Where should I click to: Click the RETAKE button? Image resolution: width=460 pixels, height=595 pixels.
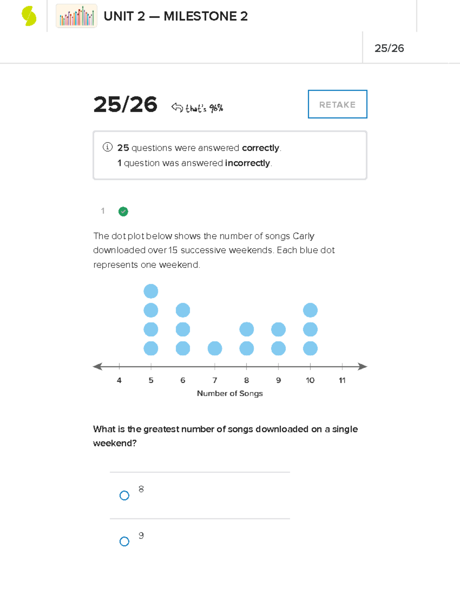[337, 104]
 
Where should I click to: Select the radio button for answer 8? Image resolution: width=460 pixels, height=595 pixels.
[124, 495]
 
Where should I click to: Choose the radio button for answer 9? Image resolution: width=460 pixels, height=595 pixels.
[124, 541]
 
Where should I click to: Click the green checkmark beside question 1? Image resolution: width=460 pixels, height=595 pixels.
[123, 211]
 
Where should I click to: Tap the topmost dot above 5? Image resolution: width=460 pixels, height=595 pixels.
[151, 291]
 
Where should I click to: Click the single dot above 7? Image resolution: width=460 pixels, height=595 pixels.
[215, 348]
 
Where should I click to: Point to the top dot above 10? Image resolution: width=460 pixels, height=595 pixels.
[310, 310]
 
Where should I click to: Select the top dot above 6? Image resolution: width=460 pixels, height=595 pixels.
[183, 310]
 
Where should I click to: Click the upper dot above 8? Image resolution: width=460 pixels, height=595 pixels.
[246, 329]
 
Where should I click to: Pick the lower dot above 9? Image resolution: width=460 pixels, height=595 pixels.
[278, 348]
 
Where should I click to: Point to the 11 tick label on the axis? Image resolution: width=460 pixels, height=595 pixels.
[342, 380]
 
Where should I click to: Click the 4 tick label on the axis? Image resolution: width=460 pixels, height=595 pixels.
[119, 380]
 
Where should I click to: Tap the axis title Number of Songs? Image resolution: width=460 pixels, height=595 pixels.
[230, 393]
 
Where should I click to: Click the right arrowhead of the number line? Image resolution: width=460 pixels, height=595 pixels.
[363, 367]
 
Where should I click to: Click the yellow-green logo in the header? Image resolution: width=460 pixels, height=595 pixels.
[29, 16]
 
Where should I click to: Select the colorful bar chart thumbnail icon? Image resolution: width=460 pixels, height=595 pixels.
[76, 16]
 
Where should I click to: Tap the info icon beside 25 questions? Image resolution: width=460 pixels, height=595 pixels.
[107, 147]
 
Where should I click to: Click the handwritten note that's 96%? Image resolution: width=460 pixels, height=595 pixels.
[204, 108]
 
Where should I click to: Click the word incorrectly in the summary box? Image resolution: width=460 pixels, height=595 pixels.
[248, 163]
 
